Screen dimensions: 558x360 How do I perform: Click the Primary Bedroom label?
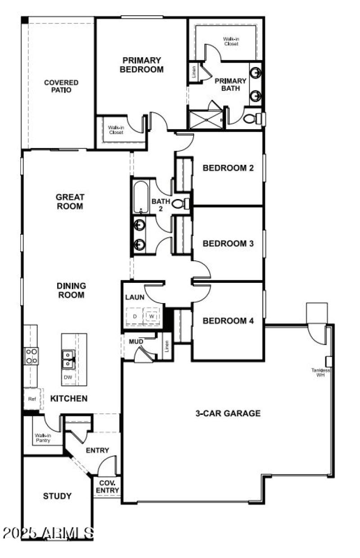(x=141, y=65)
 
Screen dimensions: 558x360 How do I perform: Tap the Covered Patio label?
(x=61, y=86)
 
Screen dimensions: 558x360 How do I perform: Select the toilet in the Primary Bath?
(x=252, y=119)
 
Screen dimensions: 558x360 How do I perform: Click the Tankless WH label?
(x=320, y=372)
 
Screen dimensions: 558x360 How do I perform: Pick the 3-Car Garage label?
(x=228, y=413)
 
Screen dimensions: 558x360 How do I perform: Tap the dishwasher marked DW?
(x=68, y=377)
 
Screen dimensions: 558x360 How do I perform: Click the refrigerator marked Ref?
(x=32, y=399)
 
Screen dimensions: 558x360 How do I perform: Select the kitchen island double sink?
(x=68, y=359)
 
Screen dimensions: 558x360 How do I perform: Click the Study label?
(x=57, y=496)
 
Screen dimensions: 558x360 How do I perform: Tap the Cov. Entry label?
(x=108, y=487)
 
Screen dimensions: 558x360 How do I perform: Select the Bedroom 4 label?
(x=228, y=321)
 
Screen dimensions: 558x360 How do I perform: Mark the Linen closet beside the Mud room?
(x=166, y=346)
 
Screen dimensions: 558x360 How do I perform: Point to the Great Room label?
(x=69, y=201)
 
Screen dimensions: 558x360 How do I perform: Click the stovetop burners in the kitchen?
(x=31, y=356)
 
